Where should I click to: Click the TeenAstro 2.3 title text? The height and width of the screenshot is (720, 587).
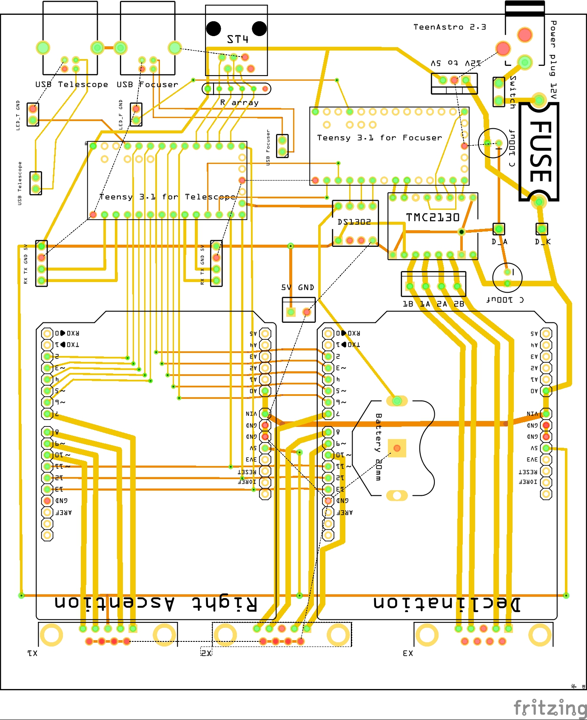449,27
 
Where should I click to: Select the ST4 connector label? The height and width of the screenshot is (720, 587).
237,40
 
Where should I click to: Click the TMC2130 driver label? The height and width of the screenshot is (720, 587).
433,217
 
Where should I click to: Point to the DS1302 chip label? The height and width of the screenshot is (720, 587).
354,222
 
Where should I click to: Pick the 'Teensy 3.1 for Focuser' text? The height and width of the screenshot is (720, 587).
379,138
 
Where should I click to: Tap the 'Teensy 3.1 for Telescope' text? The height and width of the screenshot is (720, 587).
167,197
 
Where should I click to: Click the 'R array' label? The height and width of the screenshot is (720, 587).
239,102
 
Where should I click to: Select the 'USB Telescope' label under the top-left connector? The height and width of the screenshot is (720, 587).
71,85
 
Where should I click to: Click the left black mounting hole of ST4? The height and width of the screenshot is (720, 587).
214,28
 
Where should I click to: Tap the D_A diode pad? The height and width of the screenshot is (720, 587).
499,229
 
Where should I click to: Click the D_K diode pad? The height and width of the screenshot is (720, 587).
541,229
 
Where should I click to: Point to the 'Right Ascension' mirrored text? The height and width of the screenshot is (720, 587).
156,604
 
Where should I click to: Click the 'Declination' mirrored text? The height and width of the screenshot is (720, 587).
447,604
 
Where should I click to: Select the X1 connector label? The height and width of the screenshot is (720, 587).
32,653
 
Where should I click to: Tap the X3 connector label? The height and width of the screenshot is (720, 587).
407,653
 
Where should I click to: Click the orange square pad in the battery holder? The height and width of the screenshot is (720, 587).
397,448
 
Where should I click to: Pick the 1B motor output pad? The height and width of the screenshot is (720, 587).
410,286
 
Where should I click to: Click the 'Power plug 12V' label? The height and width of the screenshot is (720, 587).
553,59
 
